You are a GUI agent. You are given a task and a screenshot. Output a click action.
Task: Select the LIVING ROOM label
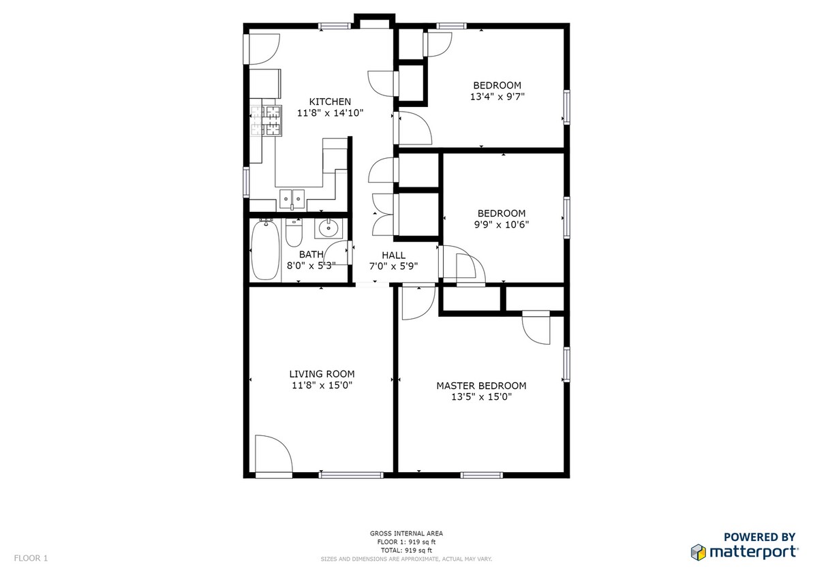(322, 374)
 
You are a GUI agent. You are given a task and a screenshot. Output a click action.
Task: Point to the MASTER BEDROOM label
(481, 386)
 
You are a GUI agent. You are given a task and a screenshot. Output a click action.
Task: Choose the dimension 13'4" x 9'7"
(497, 97)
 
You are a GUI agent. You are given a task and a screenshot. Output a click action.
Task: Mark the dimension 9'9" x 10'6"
(502, 224)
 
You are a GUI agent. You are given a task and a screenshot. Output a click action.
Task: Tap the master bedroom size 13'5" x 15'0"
(481, 397)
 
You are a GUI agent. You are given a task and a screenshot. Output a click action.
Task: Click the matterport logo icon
(697, 551)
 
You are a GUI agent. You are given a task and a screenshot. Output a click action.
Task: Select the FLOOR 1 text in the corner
(31, 559)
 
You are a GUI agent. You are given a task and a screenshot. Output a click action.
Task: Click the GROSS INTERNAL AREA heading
(406, 533)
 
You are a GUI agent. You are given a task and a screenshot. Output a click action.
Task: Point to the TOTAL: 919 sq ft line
(406, 550)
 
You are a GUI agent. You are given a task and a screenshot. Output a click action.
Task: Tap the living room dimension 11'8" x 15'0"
(322, 385)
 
